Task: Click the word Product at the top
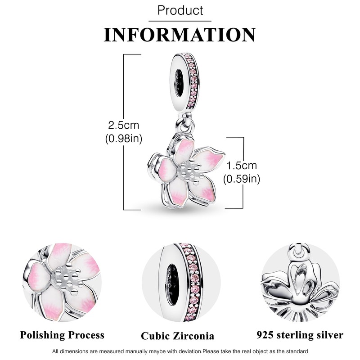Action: [x=180, y=10]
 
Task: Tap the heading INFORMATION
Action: [x=180, y=34]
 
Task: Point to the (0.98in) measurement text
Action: [x=123, y=139]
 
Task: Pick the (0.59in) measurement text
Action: [x=242, y=179]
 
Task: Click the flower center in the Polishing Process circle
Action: [x=65, y=275]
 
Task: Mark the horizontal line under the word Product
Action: [x=180, y=20]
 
